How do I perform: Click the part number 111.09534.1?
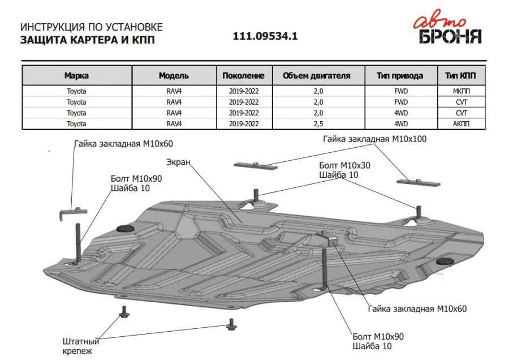265,36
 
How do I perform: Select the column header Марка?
76,75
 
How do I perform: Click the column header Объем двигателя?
316,75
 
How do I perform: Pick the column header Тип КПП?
461,75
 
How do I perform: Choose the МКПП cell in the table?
461,91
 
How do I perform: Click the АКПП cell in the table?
461,123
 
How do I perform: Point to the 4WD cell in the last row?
401,123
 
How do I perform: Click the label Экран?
178,162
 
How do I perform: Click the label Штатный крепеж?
81,346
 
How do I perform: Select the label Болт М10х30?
344,165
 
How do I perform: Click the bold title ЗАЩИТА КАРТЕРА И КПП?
87,40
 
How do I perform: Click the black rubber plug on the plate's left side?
123,228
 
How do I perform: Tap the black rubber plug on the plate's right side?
445,262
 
